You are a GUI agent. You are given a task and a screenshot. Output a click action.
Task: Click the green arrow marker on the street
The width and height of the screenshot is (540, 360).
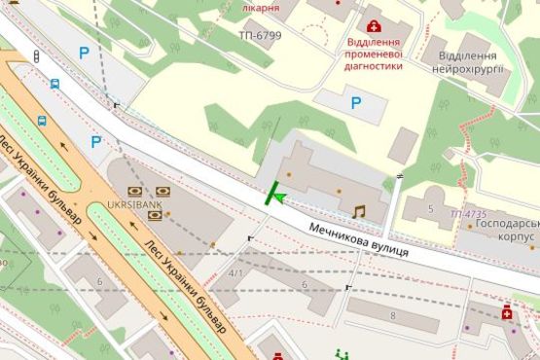[x=276, y=198]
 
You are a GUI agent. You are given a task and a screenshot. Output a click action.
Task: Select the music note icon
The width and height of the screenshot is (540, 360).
[x=359, y=210]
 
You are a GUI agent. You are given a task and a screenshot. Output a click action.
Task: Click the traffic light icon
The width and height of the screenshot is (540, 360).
[x=37, y=57]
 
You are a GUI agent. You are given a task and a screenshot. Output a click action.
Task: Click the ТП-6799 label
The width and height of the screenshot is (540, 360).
[x=260, y=35]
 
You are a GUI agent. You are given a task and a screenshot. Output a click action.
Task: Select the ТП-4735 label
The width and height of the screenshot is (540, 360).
[x=470, y=213]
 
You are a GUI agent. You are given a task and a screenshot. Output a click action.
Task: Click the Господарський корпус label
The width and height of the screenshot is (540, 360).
[x=502, y=230]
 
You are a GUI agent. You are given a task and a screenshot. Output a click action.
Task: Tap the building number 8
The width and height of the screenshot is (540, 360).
[x=393, y=316]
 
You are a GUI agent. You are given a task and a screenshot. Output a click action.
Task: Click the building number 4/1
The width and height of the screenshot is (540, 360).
[x=235, y=273]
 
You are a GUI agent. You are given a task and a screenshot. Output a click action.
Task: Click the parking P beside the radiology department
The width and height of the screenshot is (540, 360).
[x=355, y=102]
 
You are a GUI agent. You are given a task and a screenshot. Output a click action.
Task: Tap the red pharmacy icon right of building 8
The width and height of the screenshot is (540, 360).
[x=507, y=312]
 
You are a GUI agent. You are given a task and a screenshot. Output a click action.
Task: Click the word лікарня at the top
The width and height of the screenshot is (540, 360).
[x=260, y=8]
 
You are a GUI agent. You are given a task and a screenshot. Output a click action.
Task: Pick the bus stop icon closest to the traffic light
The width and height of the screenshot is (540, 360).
[x=54, y=84]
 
